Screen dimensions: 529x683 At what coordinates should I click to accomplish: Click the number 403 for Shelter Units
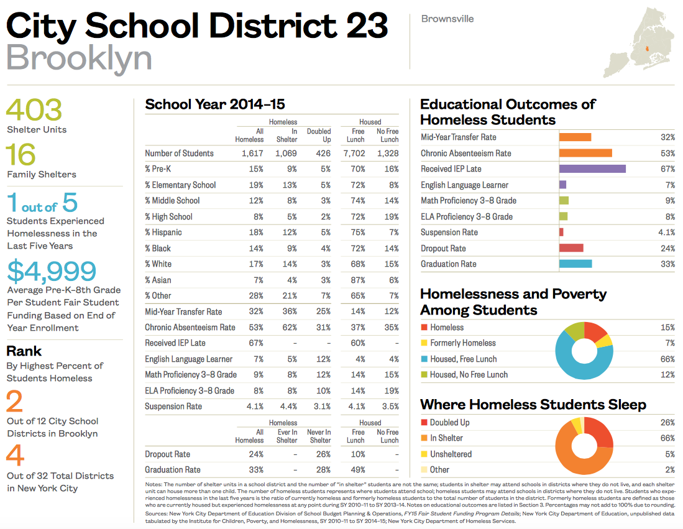tap(34, 110)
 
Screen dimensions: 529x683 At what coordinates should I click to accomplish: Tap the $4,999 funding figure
tap(52, 271)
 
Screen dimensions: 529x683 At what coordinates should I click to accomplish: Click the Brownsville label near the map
tap(447, 19)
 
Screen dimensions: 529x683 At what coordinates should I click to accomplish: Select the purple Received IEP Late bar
tap(592, 168)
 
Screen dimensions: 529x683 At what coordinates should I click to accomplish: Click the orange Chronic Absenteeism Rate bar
tap(585, 153)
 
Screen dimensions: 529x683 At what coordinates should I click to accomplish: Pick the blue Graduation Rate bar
tap(575, 264)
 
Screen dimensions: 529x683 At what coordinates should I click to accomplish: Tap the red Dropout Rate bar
tap(571, 248)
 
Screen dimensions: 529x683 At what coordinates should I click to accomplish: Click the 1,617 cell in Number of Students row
tap(251, 153)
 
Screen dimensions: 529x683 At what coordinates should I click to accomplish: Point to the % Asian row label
tap(158, 280)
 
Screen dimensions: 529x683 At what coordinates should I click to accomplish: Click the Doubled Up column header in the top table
tap(319, 135)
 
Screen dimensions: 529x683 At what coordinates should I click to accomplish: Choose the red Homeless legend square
tap(424, 327)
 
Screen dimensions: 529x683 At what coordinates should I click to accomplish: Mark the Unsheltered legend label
tap(451, 454)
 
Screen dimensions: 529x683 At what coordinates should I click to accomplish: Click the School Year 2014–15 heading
tap(215, 104)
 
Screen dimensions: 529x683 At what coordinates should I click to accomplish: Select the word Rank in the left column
tap(24, 351)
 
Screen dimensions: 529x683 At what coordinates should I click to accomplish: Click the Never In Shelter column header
tap(319, 436)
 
